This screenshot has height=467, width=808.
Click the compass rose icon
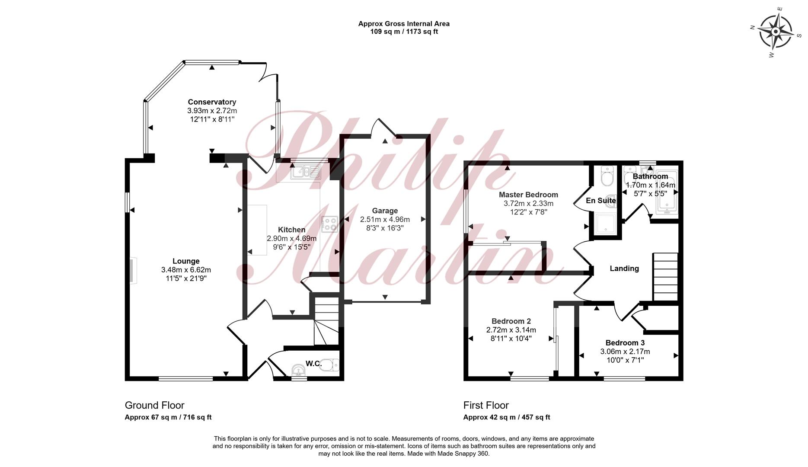coord(776,32)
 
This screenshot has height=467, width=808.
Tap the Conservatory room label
coord(212,102)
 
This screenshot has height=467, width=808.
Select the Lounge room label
coord(186,261)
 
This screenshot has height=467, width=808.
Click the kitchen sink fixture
coord(306,172)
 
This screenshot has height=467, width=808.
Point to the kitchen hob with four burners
coord(329,224)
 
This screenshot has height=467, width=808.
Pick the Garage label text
coord(385,211)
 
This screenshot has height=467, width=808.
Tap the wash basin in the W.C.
coord(298,370)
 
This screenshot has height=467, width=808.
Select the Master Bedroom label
coord(528,195)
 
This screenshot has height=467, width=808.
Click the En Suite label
coord(600,201)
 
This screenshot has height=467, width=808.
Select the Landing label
coord(624,269)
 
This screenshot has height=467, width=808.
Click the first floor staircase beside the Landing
coord(665,277)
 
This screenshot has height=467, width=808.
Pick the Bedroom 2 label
coord(511,321)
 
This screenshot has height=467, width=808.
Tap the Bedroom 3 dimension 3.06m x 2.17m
coord(625,352)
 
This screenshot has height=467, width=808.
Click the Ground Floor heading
coord(154,405)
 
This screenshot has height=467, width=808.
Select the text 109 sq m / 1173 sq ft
coord(404,32)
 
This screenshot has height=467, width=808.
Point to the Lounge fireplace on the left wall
coord(133,271)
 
